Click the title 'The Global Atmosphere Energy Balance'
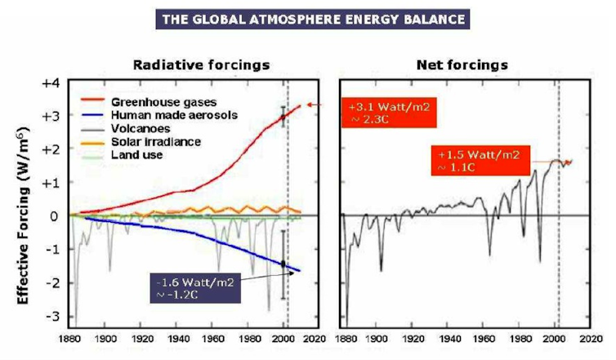tap(307, 17)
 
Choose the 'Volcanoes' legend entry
tap(140, 128)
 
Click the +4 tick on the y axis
tap(50, 83)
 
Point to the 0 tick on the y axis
tap(55, 216)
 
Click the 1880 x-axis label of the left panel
tap(69, 339)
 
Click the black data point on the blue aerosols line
tap(283, 264)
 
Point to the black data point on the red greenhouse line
tap(283, 118)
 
